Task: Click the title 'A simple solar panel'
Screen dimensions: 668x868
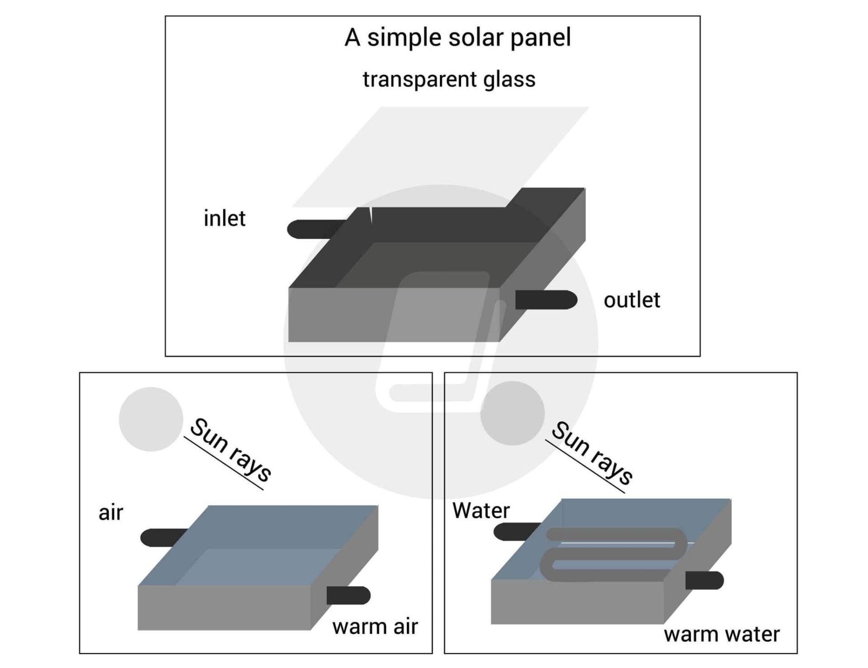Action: click(458, 38)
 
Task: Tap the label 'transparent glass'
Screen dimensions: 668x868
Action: click(449, 80)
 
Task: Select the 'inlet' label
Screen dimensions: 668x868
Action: click(224, 218)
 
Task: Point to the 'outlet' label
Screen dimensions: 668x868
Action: click(632, 300)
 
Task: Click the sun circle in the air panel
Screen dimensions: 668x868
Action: click(151, 419)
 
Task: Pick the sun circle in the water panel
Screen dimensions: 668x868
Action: click(512, 413)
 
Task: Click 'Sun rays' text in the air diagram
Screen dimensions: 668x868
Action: click(231, 450)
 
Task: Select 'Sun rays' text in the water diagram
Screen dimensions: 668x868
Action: click(592, 452)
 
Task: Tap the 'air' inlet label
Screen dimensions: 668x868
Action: click(111, 513)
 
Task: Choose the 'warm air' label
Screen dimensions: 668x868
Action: click(375, 627)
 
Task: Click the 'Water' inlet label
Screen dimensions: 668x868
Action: click(481, 511)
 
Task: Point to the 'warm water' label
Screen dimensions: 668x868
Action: click(722, 634)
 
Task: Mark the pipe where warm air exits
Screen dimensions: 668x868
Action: click(348, 595)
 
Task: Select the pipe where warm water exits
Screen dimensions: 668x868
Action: click(704, 580)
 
